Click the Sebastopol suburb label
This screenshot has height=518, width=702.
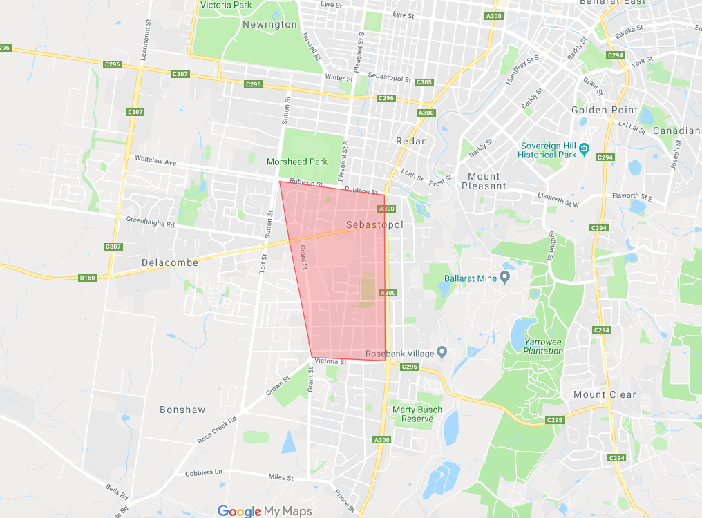374,225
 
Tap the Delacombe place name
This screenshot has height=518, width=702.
169,262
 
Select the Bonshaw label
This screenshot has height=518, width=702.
182,410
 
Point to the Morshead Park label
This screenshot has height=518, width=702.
297,162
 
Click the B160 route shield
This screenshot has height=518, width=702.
88,278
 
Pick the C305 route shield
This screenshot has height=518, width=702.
424,82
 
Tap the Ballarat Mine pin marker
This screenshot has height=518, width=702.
505,277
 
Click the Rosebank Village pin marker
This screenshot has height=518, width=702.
442,353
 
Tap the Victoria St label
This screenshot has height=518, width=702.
330,361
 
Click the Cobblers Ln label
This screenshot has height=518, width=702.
204,473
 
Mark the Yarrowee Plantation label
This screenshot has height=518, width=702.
543,346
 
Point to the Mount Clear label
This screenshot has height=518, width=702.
605,394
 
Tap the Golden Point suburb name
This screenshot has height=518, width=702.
599,110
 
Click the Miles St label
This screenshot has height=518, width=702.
281,477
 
